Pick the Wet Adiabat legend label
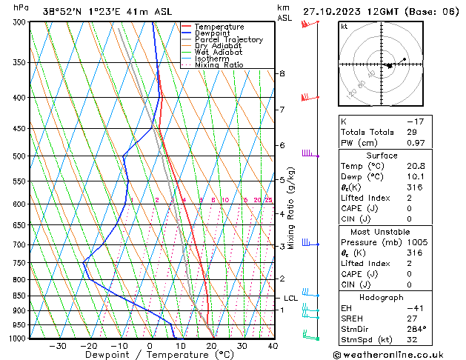click(x=219, y=53)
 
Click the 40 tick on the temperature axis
click(x=273, y=346)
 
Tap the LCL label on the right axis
click(x=290, y=299)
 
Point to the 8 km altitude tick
click(x=282, y=74)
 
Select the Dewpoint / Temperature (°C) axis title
click(x=150, y=355)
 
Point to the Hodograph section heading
click(x=382, y=297)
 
